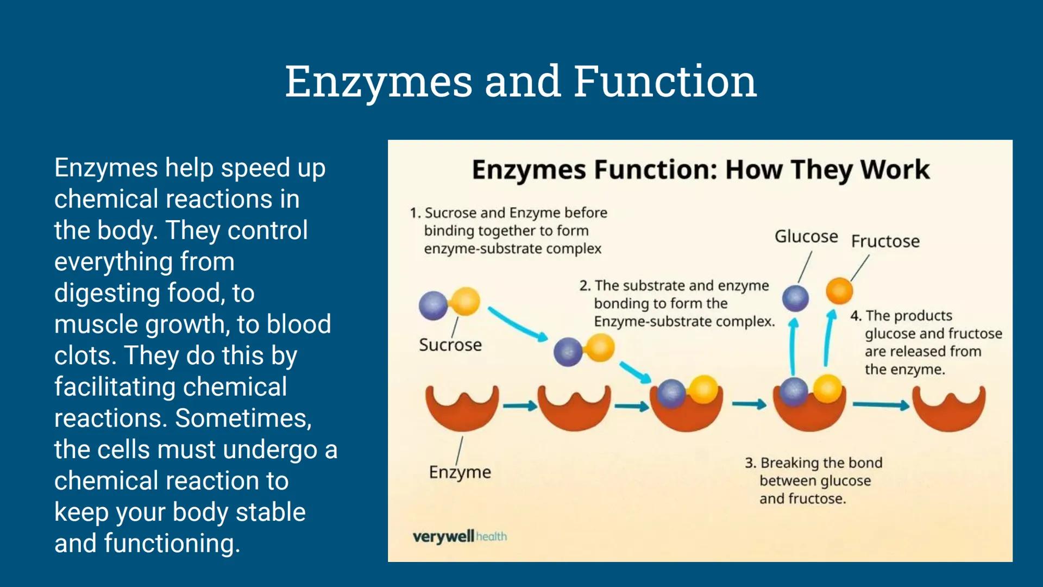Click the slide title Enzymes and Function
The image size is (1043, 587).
pyautogui.click(x=520, y=82)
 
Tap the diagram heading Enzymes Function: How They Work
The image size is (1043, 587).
pyautogui.click(x=700, y=170)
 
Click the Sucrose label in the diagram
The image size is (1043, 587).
pyautogui.click(x=450, y=345)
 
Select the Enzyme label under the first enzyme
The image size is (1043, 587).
pyautogui.click(x=460, y=472)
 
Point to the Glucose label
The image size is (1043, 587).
pyautogui.click(x=806, y=236)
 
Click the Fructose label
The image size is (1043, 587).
pyautogui.click(x=885, y=241)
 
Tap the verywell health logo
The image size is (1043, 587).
pyautogui.click(x=460, y=536)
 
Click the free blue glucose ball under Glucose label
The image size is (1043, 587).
pyautogui.click(x=795, y=298)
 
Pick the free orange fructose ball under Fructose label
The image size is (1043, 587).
pyautogui.click(x=839, y=290)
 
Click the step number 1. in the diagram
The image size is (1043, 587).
pyautogui.click(x=415, y=213)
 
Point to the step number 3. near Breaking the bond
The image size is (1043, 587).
pyautogui.click(x=750, y=463)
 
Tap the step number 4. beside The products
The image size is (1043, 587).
pyautogui.click(x=856, y=316)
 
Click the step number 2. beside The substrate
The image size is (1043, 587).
pyautogui.click(x=585, y=286)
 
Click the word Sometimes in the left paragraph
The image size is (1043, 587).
pyautogui.click(x=243, y=419)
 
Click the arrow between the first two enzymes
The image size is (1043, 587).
pyautogui.click(x=519, y=406)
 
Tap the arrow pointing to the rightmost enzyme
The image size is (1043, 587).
pyautogui.click(x=881, y=405)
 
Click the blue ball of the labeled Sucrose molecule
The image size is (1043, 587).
pyautogui.click(x=433, y=305)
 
